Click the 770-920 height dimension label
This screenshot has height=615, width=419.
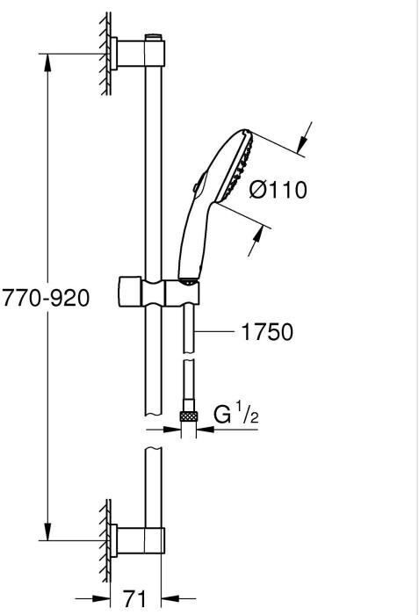(x=46, y=298)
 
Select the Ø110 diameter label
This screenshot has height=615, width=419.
(x=278, y=191)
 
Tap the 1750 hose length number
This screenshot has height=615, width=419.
(x=267, y=332)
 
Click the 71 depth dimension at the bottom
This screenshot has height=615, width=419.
(x=134, y=599)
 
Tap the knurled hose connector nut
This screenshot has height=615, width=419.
(x=189, y=416)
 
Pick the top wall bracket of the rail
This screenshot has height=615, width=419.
(x=137, y=53)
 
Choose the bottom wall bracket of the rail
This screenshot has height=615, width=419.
(x=137, y=540)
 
